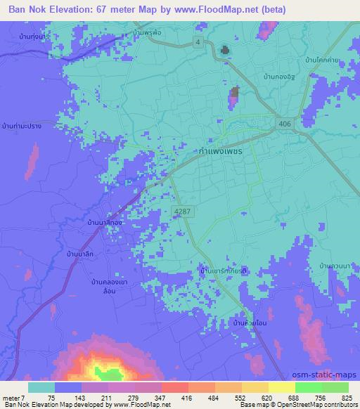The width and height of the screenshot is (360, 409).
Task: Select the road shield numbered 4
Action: (199, 42)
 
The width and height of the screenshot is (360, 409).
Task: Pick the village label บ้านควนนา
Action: (334, 266)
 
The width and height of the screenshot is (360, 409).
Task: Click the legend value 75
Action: (51, 397)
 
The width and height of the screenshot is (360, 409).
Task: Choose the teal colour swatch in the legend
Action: (41, 387)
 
